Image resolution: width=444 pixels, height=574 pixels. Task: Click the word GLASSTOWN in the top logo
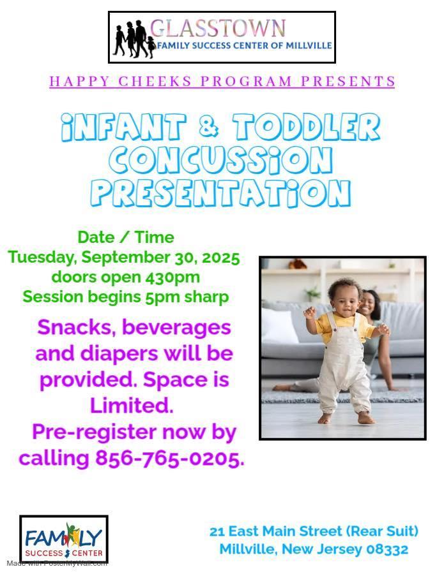(x=218, y=29)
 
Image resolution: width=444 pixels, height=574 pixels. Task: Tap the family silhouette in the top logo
(x=134, y=40)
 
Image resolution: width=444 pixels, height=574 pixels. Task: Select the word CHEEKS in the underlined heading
(x=155, y=81)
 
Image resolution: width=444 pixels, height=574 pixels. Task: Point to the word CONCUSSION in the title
(x=221, y=160)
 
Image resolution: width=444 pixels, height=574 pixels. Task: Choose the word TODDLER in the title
(x=306, y=127)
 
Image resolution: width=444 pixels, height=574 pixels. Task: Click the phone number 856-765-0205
(x=169, y=458)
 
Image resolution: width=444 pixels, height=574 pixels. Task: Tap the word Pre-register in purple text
(x=95, y=432)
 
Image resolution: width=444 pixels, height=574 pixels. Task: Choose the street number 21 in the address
(x=217, y=531)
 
